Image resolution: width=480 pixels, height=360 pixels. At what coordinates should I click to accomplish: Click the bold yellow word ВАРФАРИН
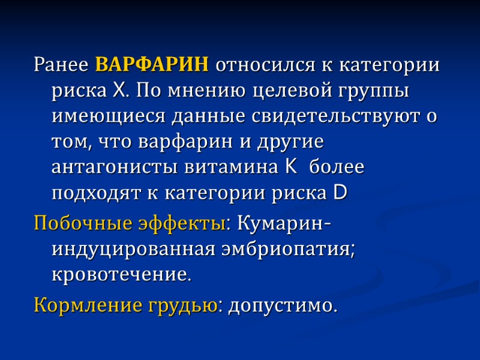pyautogui.click(x=152, y=64)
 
